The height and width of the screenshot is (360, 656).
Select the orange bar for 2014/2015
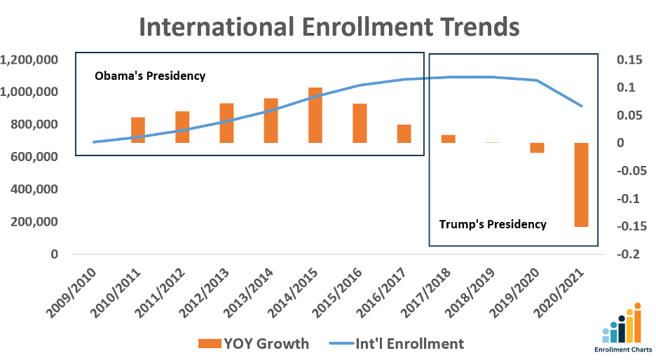tap(315, 116)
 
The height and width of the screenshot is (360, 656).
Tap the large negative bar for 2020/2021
tap(581, 184)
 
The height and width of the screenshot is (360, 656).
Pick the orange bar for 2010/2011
tap(138, 130)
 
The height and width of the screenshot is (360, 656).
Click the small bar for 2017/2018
tap(448, 139)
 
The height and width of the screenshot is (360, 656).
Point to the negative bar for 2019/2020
tap(537, 147)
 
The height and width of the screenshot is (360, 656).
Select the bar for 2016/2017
tap(404, 134)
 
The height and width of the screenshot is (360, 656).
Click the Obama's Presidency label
tap(150, 76)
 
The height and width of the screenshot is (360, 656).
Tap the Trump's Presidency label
tap(493, 224)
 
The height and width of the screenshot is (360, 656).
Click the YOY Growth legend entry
tap(254, 343)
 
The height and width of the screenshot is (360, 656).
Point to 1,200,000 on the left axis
tap(29, 60)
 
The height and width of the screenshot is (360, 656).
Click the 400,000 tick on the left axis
tap(34, 190)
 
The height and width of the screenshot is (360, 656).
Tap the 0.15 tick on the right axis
tap(629, 60)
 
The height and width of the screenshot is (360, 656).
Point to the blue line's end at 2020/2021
tap(582, 106)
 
